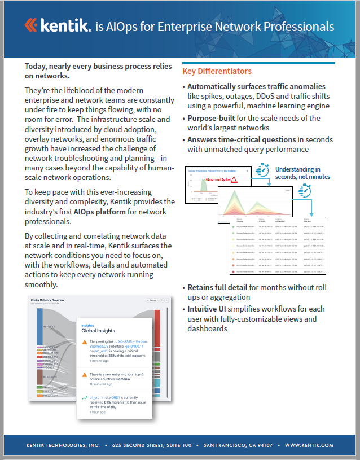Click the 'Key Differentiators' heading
click(x=217, y=71)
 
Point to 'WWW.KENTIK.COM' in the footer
click(x=309, y=445)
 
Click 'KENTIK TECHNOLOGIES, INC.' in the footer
click(x=63, y=445)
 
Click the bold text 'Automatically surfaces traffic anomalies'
click(x=256, y=87)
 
